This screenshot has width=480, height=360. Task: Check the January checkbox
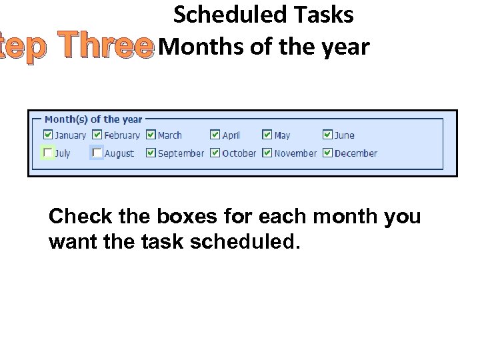(x=48, y=135)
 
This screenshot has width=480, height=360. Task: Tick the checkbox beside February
(x=98, y=135)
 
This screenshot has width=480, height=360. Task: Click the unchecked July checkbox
(x=48, y=153)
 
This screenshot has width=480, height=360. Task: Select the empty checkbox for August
(x=98, y=153)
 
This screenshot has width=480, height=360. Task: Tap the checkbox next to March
(x=151, y=135)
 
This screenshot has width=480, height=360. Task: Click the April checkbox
(x=215, y=135)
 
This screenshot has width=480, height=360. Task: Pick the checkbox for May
(x=267, y=135)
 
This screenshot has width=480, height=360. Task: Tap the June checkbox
(x=327, y=135)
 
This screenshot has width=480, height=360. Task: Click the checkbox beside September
(x=151, y=153)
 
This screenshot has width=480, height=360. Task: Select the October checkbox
(x=215, y=153)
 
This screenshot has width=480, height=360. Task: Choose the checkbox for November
(x=267, y=153)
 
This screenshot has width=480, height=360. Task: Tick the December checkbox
(x=327, y=153)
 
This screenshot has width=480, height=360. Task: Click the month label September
(x=181, y=153)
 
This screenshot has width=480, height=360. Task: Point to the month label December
(x=356, y=153)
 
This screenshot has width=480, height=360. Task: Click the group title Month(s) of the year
(x=93, y=119)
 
